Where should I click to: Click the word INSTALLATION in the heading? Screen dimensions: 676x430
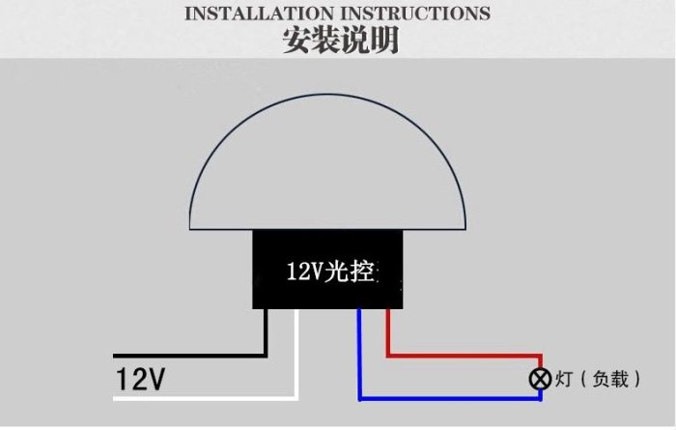point(260,14)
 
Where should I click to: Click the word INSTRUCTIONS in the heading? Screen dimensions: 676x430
point(415,14)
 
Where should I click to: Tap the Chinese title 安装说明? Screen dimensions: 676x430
point(341,41)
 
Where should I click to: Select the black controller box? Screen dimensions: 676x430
point(327,270)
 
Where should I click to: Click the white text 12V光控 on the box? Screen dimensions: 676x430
point(330,271)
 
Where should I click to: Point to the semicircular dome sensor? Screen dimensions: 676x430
point(327,161)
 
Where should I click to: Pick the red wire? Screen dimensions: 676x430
point(465,356)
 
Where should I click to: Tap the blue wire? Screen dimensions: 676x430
point(450,398)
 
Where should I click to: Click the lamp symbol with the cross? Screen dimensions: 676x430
point(540,379)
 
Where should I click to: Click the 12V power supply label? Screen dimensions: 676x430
point(141,379)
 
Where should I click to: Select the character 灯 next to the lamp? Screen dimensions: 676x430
point(564,379)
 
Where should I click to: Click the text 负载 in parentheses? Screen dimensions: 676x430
point(610,379)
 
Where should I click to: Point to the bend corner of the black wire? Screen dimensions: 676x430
point(266,356)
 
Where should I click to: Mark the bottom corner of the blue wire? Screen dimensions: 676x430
point(359,398)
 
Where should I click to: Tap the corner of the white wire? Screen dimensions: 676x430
point(296,398)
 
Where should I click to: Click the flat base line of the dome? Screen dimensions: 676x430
point(327,229)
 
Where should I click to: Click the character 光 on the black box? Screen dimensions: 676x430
point(337,271)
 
